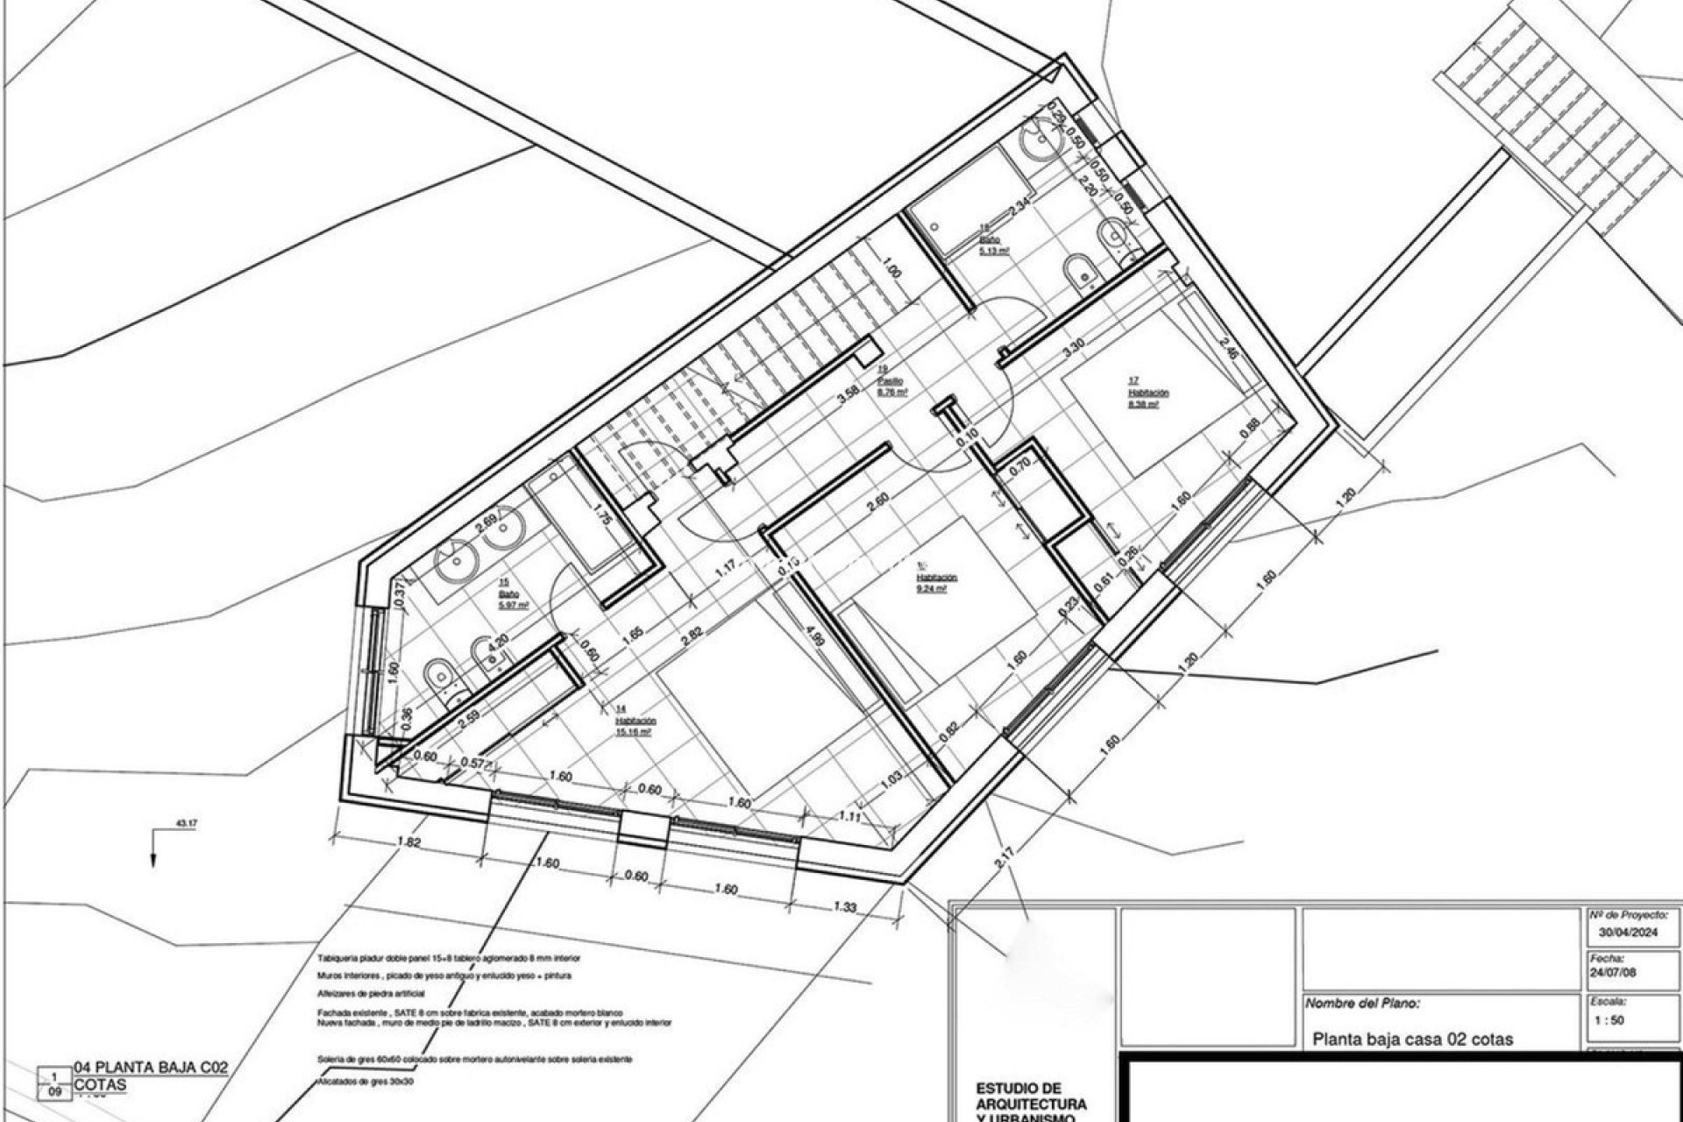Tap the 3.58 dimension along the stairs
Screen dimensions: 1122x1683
click(x=848, y=397)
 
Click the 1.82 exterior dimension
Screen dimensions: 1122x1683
click(x=409, y=843)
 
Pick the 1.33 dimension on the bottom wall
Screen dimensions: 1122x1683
click(x=845, y=908)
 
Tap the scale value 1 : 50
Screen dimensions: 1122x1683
click(x=1610, y=1020)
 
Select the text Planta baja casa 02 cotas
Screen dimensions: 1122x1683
click(x=1412, y=1040)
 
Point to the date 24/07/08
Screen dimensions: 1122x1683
click(x=1612, y=973)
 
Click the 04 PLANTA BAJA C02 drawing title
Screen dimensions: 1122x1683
click(x=151, y=1068)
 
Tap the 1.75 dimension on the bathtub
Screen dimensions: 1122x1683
click(x=601, y=515)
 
